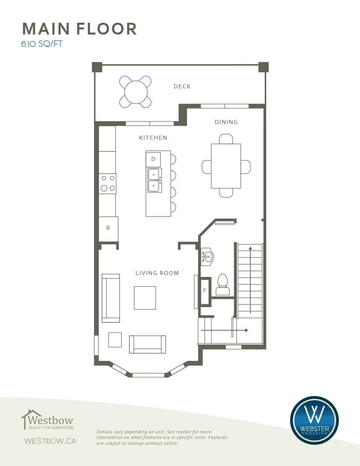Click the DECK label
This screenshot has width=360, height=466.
[x=182, y=86]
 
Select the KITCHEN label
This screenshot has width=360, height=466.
[x=153, y=138]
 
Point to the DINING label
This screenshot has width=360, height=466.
[x=226, y=122]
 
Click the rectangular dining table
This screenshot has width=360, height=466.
[x=226, y=166]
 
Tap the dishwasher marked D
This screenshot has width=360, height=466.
[x=153, y=159]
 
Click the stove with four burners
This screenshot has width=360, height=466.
[x=107, y=183]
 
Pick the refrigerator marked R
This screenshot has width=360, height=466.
[x=108, y=229]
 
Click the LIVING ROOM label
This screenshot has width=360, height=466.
[x=157, y=273]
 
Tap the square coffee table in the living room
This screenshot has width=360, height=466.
[x=145, y=298]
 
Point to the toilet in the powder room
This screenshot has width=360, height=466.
[x=223, y=284]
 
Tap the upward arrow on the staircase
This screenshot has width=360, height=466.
[x=250, y=280]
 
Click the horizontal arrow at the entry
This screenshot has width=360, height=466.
[x=225, y=330]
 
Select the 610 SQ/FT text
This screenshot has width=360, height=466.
[x=42, y=44]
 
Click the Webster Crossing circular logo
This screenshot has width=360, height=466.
[x=314, y=420]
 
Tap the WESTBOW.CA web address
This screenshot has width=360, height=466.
[x=51, y=441]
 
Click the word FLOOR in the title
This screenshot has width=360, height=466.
[x=107, y=29]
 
